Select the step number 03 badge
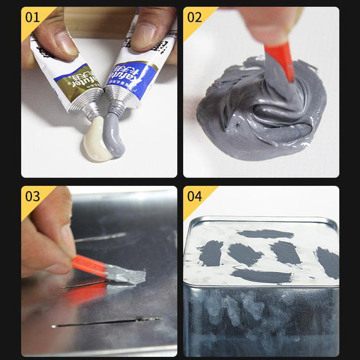32,195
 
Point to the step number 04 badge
194,195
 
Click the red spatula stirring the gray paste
281,61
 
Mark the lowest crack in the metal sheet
106,322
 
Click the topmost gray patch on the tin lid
265,234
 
